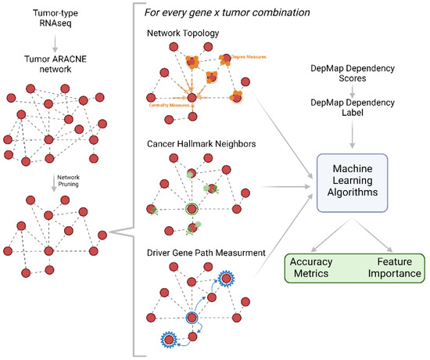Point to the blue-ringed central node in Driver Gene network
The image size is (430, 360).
click(191, 319)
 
